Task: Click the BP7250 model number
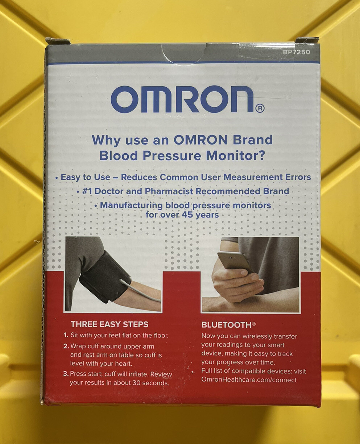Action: [x=296, y=52]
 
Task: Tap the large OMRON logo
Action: [x=182, y=99]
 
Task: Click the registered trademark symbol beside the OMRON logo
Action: [x=260, y=108]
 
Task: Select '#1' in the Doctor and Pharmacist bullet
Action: [x=88, y=191]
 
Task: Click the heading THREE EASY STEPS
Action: [x=109, y=324]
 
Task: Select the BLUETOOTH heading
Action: [x=226, y=325]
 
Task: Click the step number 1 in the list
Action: [x=66, y=336]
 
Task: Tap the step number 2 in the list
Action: [x=66, y=346]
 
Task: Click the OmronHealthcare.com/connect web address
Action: [x=249, y=380]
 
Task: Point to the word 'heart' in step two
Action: [x=123, y=363]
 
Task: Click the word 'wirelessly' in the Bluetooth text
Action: [x=256, y=336]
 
